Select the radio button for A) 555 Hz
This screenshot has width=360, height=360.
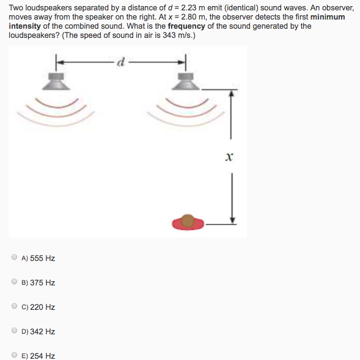[x=14, y=258]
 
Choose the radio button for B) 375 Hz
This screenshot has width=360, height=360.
[x=14, y=282]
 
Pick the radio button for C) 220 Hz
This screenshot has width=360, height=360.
[x=14, y=307]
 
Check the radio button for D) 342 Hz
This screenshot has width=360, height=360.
[x=14, y=331]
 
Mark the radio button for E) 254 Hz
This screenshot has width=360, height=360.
[x=14, y=355]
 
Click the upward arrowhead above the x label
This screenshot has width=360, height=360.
[x=230, y=94]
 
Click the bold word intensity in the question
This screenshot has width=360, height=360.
[x=24, y=26]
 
